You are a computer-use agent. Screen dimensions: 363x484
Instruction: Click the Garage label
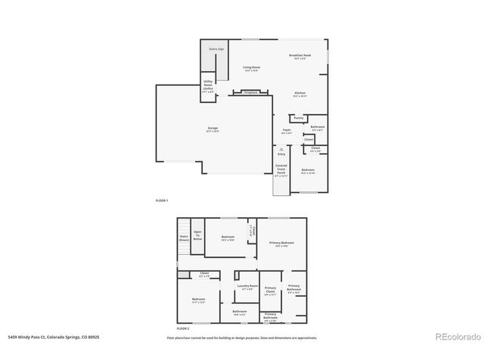click(x=213, y=129)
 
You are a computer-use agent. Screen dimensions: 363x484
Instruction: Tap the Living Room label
click(x=251, y=69)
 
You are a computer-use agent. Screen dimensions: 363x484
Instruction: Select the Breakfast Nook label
click(x=300, y=56)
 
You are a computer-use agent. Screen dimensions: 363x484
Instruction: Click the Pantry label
click(x=299, y=118)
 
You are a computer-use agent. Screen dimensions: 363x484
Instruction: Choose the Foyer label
click(x=287, y=131)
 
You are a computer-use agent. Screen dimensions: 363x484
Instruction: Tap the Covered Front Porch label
click(x=281, y=169)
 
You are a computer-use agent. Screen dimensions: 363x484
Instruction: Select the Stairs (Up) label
click(x=216, y=49)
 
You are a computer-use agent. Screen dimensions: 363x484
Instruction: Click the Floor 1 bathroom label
click(x=318, y=128)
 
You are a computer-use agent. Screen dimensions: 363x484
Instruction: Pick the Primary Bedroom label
click(x=281, y=244)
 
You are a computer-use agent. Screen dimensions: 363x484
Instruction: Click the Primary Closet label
click(x=270, y=290)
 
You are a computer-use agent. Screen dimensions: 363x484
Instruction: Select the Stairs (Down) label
click(x=184, y=237)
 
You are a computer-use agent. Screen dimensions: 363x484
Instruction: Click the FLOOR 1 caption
click(x=162, y=200)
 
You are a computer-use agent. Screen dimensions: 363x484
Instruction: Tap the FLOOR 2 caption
click(x=182, y=329)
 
